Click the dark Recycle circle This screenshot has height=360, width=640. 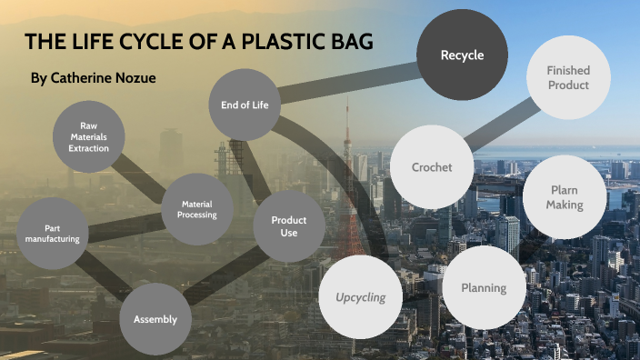pyautogui.click(x=462, y=55)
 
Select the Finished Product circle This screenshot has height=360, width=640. pyautogui.click(x=568, y=77)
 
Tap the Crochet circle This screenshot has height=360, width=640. pyautogui.click(x=431, y=167)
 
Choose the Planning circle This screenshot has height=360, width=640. pyautogui.click(x=483, y=288)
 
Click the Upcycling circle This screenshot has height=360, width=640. pyautogui.click(x=360, y=296)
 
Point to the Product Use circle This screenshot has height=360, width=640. pyautogui.click(x=288, y=226)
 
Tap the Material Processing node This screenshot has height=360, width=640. pyautogui.click(x=197, y=210)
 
